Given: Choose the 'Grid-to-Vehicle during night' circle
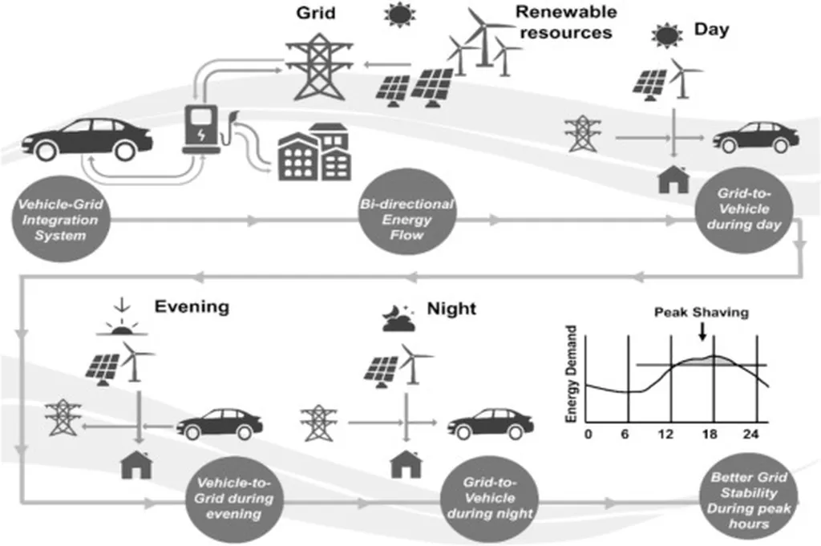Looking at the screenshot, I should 489,498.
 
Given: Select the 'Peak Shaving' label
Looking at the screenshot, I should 701,313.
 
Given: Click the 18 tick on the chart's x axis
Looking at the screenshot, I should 710,435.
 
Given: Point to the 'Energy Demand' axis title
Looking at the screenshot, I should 572,374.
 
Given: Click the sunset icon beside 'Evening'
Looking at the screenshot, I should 123,319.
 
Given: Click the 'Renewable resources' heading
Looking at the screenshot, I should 565,22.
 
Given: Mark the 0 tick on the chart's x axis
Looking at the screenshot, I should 588,435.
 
